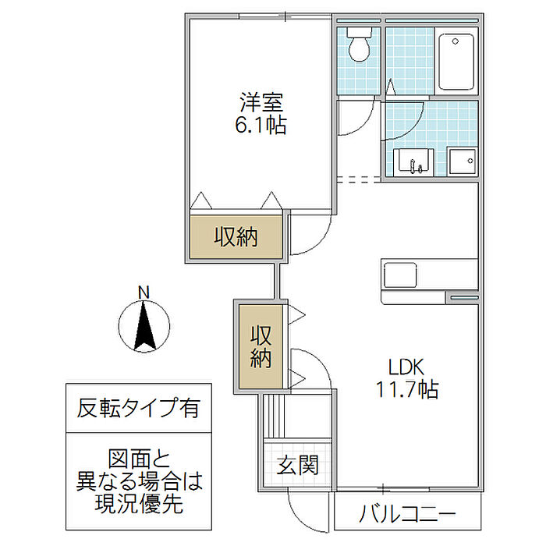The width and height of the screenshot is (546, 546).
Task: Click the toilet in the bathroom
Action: coord(359,45)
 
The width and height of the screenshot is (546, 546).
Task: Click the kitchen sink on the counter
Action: coord(399,275)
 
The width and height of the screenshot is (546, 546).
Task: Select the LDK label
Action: coord(406,366)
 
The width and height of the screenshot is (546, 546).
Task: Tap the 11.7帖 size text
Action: coord(406,388)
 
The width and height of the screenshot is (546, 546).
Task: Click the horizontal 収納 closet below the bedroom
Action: coord(236,236)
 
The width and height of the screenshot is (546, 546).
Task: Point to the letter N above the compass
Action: coord(144,292)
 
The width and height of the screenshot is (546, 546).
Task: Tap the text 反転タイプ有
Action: coord(138,407)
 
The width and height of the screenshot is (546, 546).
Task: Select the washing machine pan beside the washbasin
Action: coord(461,161)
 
